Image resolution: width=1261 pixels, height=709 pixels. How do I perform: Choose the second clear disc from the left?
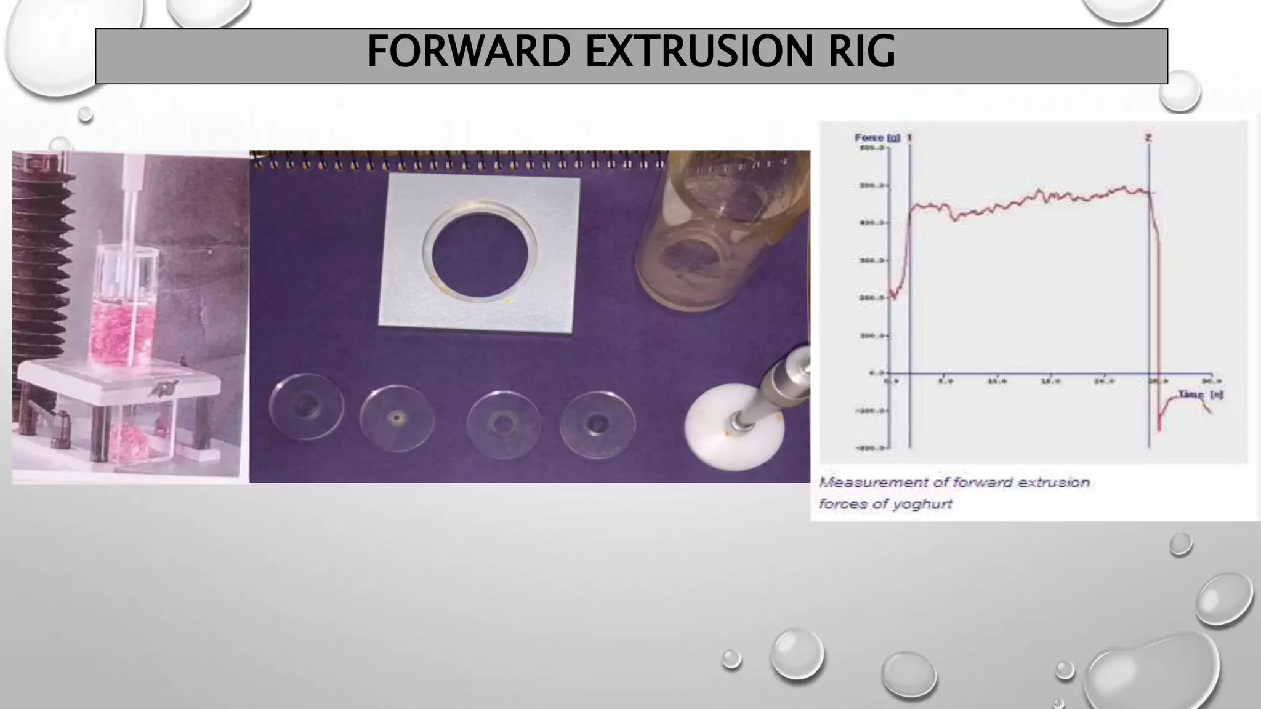coord(397,419)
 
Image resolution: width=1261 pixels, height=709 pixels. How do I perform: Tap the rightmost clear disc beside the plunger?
coord(597,424)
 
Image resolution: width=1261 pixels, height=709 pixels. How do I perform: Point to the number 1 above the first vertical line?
coord(909,138)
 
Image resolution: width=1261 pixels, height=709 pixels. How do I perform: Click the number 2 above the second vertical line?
coord(1148,138)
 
